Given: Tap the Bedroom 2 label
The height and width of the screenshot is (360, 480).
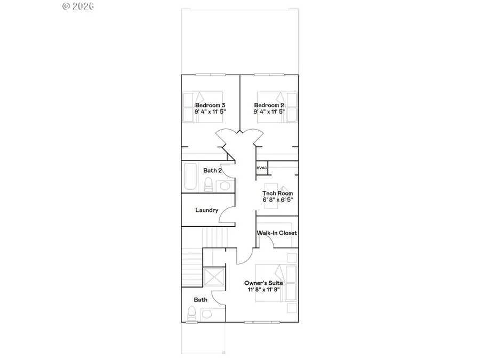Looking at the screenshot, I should coord(268,105).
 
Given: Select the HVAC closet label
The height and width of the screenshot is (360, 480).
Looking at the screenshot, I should coord(262,168).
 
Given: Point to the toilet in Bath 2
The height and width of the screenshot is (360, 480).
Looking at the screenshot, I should coord(209,184).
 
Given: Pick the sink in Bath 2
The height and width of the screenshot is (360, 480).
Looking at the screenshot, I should coord(225,186).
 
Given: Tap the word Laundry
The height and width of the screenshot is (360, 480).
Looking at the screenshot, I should coord(206,210).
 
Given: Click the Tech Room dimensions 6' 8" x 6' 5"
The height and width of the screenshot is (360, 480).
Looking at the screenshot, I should coord(277,199).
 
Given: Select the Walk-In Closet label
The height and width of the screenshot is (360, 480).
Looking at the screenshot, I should coord(277,233).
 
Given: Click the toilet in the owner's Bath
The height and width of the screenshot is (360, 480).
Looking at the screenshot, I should coord(192,314).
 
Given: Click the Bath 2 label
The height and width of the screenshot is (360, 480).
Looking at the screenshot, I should coord(212,171).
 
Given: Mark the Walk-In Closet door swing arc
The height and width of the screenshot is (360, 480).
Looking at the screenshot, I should coord(269,242).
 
